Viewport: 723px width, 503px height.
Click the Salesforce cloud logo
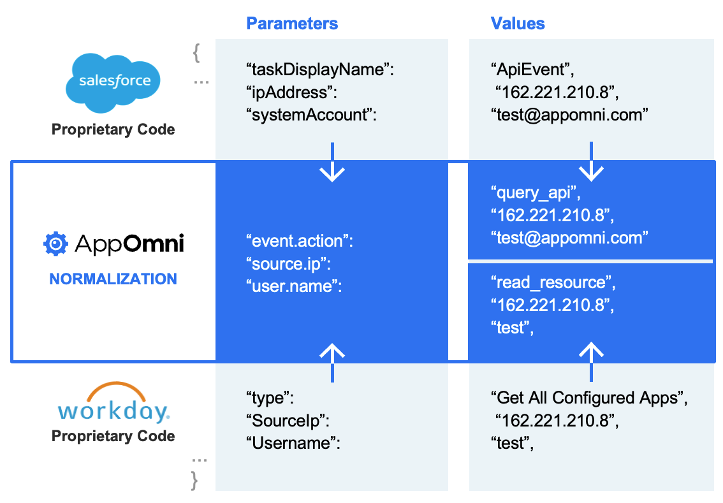point(113,79)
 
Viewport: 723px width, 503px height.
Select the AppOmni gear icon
point(55,244)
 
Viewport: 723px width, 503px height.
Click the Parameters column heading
point(292,24)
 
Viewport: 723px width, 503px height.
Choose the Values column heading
point(518,24)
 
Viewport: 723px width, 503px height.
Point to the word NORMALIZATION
point(113,279)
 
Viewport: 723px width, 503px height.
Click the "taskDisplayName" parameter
point(320,69)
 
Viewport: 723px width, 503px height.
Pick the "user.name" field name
point(294,287)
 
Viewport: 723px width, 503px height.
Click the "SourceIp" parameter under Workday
point(287,421)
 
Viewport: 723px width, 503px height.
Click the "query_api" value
point(536,192)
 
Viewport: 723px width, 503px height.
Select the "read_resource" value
point(553,282)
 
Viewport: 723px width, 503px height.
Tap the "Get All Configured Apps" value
point(589,398)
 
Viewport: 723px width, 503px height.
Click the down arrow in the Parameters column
point(332,163)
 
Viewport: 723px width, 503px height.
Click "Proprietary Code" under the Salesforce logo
point(113,129)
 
